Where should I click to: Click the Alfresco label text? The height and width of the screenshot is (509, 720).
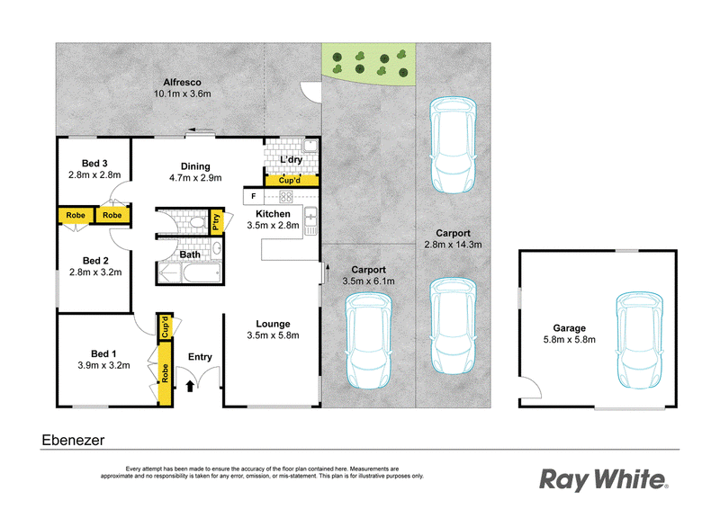175,80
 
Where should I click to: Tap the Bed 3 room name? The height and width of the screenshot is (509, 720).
94,162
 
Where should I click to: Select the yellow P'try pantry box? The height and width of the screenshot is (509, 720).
216,221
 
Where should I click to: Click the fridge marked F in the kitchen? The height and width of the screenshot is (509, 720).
254,196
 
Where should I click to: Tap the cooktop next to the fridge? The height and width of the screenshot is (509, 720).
287,196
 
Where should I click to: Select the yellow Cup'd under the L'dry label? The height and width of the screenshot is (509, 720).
291,181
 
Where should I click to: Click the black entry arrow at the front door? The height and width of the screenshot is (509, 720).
190,386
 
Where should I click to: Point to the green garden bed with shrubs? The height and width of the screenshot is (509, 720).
370,62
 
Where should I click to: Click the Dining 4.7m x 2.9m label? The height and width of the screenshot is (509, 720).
194,172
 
